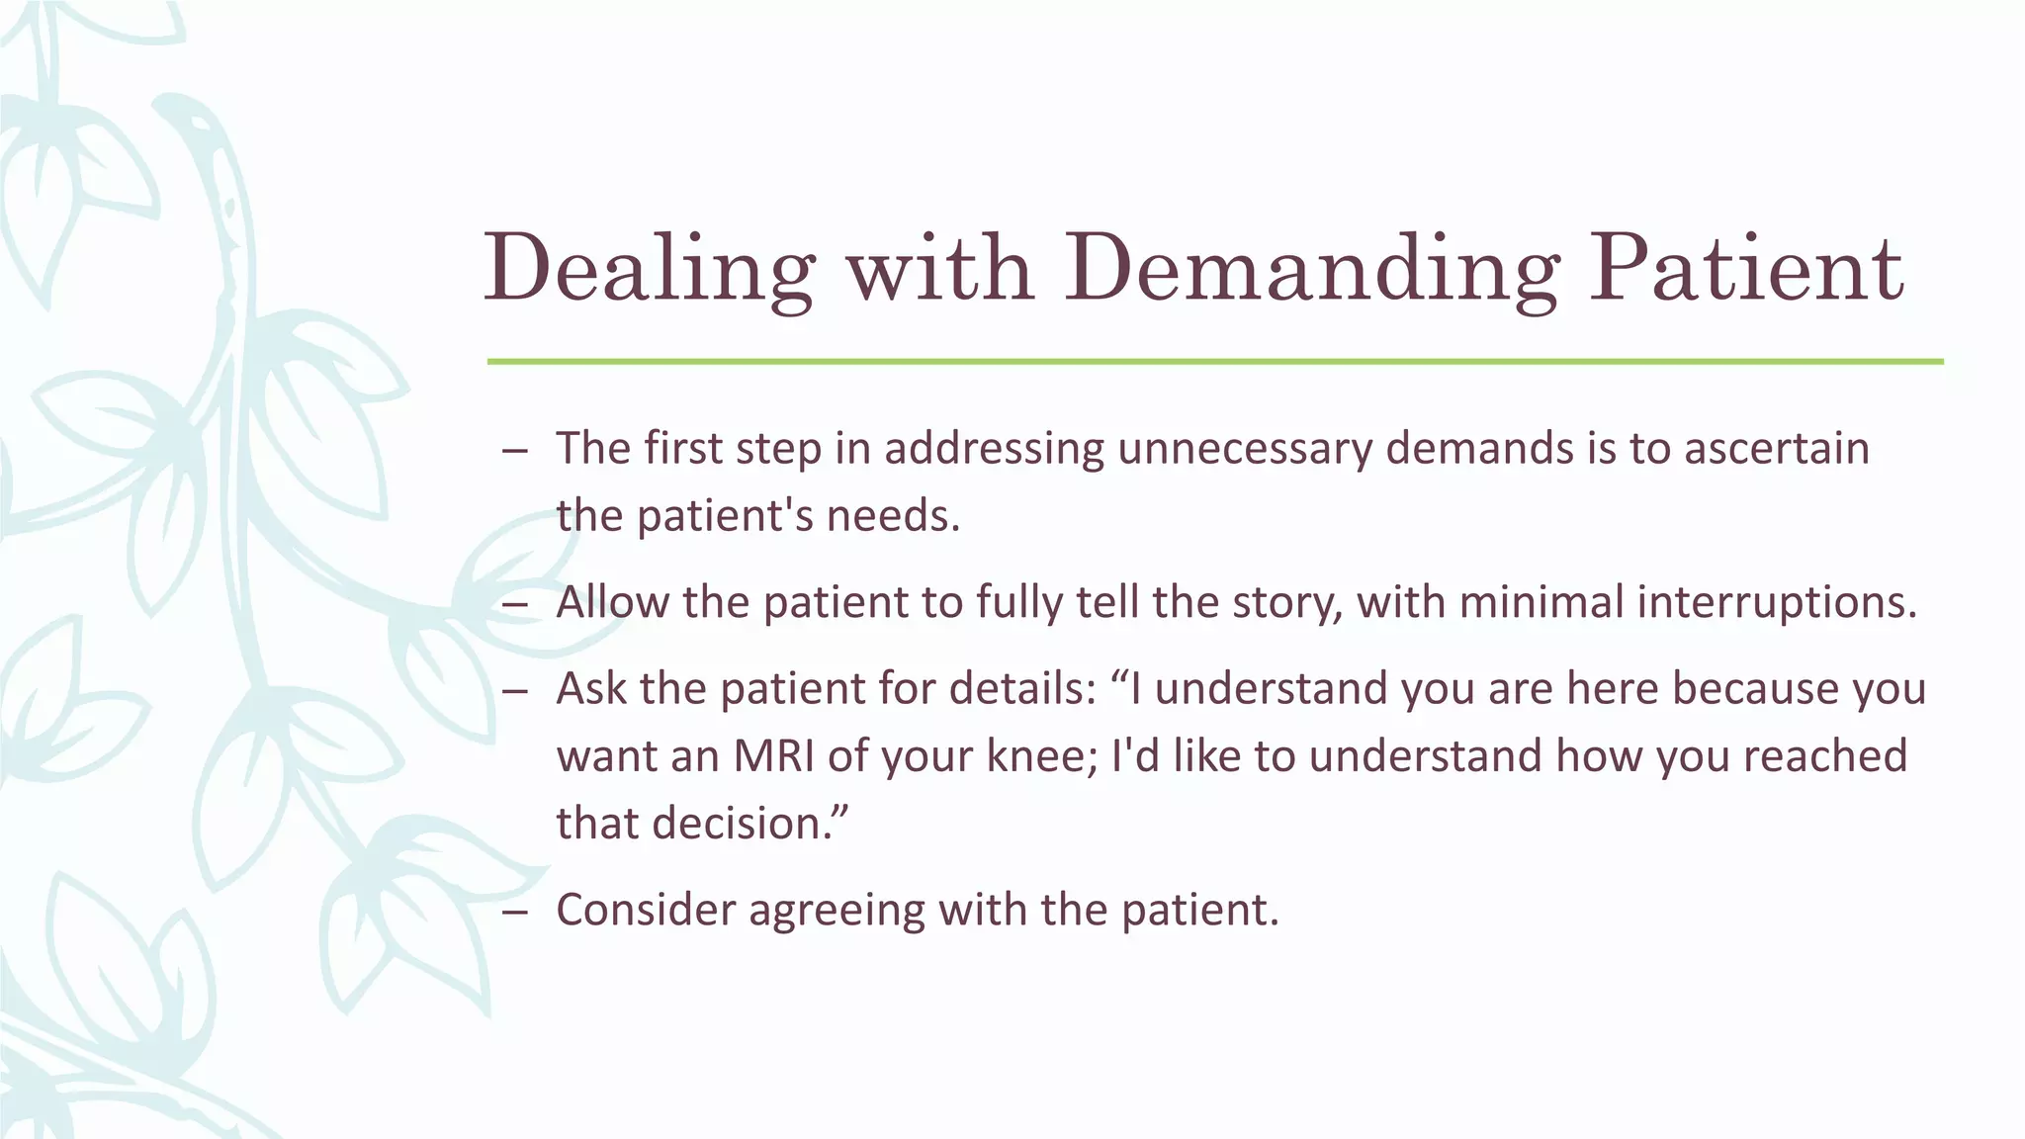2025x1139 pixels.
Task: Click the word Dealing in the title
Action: [x=649, y=269]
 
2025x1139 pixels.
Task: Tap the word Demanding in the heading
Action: [x=1311, y=269]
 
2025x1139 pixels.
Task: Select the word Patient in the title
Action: [x=1746, y=269]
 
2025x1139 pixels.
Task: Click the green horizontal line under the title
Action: [x=1214, y=362]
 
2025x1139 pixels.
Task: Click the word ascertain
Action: [x=1777, y=449]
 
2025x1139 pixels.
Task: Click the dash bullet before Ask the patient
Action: [x=514, y=690]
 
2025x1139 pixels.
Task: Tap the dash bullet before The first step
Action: [x=514, y=451]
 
